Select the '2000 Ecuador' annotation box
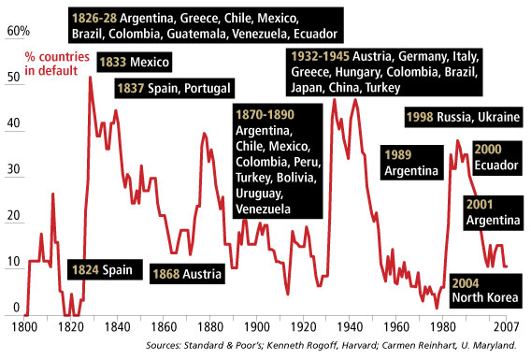[x=492, y=158]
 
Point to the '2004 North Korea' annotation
[x=483, y=290]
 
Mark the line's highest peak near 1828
[x=90, y=77]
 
